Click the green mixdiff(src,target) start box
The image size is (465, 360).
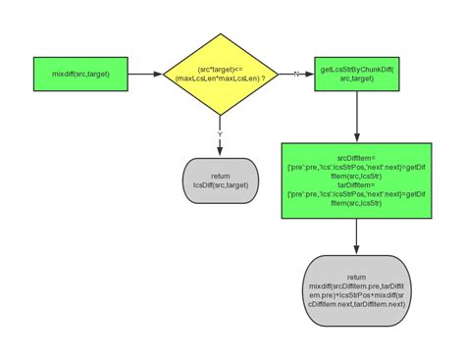pos(81,74)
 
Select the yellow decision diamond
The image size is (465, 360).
pos(221,74)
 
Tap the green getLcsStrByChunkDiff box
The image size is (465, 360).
pos(355,74)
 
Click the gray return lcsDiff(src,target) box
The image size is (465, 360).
pos(220,180)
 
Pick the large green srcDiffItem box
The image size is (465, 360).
pos(355,180)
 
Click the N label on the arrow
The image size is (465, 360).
pos(296,74)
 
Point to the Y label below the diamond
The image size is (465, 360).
pos(220,134)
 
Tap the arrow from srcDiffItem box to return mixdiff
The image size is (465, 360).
pos(355,235)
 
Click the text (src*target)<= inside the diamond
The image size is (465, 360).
pos(221,69)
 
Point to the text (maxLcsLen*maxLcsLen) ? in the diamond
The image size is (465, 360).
pos(221,78)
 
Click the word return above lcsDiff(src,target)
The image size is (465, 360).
pos(220,175)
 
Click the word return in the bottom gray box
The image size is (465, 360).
pos(355,277)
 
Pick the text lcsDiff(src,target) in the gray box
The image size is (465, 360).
pos(220,185)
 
